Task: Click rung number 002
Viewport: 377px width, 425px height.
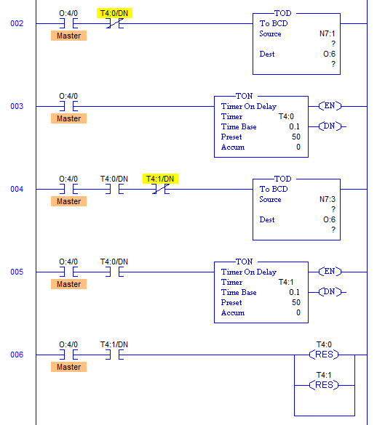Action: (x=16, y=24)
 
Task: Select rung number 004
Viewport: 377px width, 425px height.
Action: (x=16, y=190)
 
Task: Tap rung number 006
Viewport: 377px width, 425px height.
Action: (x=16, y=355)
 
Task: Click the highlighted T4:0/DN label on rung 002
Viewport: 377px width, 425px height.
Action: (x=113, y=13)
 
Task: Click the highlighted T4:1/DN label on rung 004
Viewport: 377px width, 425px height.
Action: (x=161, y=179)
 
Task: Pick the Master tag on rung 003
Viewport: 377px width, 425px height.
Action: (x=69, y=118)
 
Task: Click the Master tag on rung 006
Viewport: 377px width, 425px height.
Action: (x=69, y=367)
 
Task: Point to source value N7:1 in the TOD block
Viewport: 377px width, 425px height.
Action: (x=325, y=33)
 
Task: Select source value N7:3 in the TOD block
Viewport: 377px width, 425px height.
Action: (x=325, y=199)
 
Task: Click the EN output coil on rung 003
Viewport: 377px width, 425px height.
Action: (x=330, y=106)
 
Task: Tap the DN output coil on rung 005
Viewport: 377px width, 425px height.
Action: (x=330, y=292)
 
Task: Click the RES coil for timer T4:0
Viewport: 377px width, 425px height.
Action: (x=324, y=355)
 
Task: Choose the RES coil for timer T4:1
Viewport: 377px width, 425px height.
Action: (x=324, y=385)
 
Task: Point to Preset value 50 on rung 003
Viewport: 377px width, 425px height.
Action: (x=295, y=137)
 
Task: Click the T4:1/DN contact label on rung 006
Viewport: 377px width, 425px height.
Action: (x=114, y=344)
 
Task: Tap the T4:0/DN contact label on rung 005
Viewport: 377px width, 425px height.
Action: (x=114, y=262)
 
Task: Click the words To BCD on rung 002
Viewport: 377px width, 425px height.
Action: (x=274, y=23)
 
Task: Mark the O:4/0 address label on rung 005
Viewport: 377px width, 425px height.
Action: (x=69, y=262)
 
